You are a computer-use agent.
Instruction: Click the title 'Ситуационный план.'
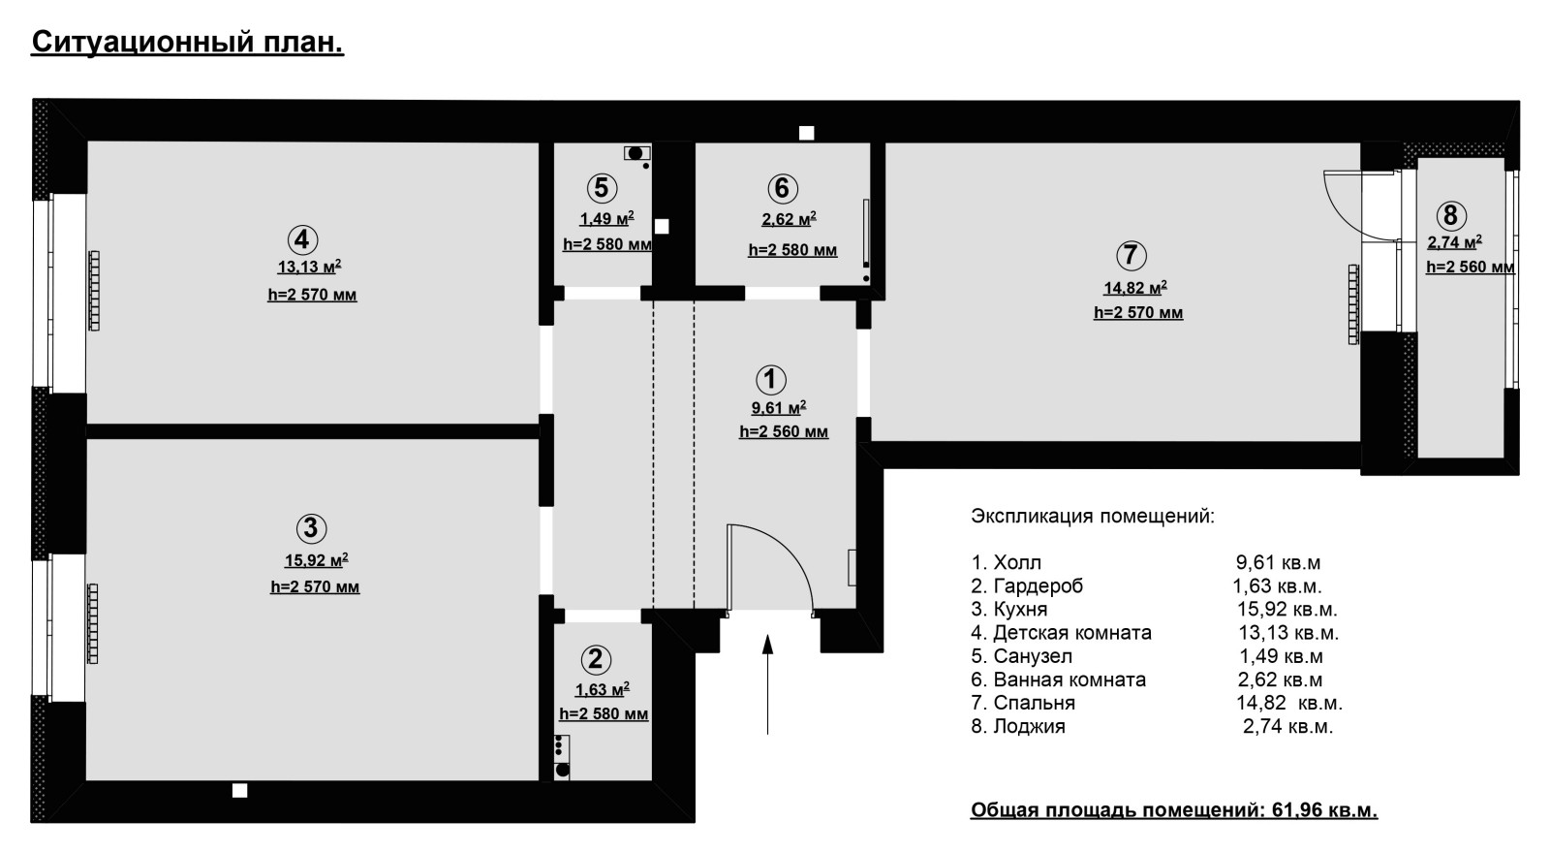188,43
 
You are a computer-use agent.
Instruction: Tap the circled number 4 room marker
302,239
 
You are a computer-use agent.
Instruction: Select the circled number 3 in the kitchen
311,528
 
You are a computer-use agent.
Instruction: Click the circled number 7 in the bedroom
1131,255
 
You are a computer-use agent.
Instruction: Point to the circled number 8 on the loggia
1450,215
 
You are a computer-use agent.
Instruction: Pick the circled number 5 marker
602,188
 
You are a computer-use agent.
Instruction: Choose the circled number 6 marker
783,188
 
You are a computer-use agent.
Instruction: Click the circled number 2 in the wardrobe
596,660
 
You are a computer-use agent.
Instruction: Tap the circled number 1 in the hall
771,379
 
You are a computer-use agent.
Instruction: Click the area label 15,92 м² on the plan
316,559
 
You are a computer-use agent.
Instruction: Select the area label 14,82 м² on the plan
1135,287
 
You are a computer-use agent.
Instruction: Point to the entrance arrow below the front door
767,683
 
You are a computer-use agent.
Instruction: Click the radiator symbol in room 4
95,290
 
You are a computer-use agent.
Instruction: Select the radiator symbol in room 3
93,624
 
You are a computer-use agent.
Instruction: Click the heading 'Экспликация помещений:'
1093,517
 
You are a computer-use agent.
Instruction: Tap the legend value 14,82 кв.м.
1289,703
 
